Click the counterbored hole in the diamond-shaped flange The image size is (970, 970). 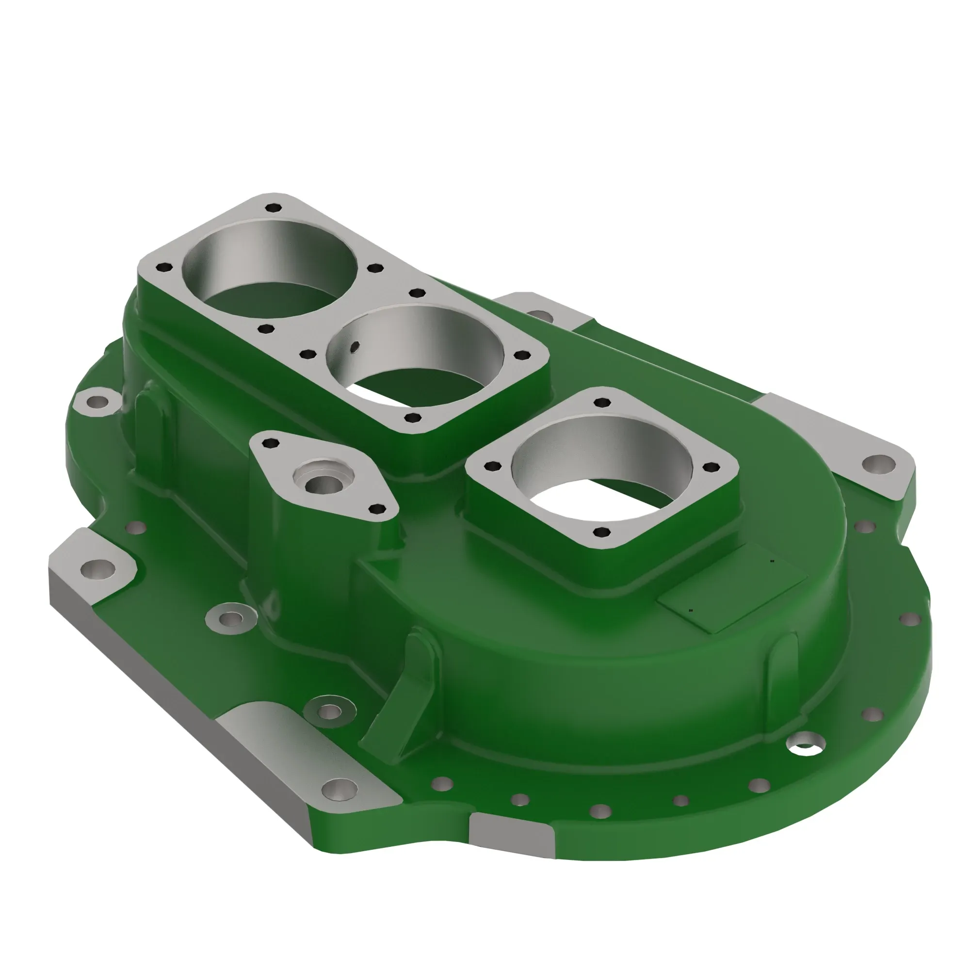pyautogui.click(x=322, y=485)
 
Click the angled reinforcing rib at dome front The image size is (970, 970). pyautogui.click(x=402, y=703)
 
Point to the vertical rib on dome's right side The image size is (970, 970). pyautogui.click(x=783, y=658)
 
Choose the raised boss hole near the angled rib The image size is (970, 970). pyautogui.click(x=330, y=711)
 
